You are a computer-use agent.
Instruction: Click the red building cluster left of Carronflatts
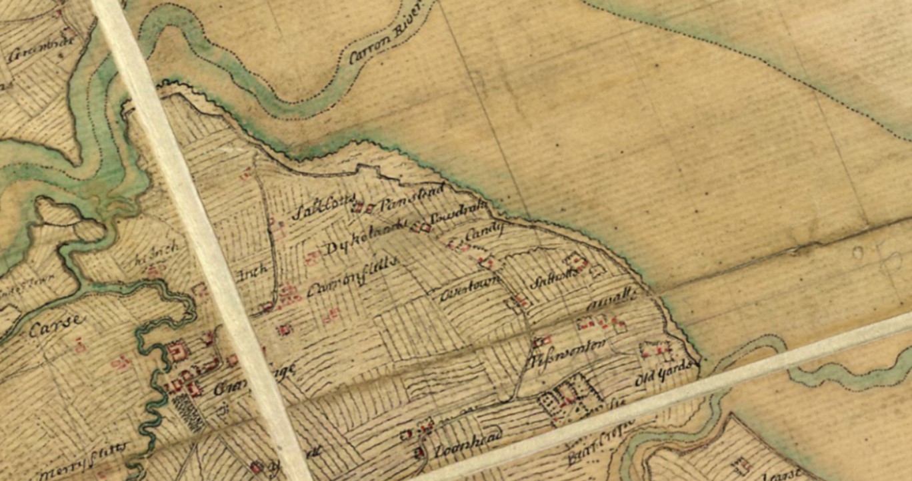coord(288,294)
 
